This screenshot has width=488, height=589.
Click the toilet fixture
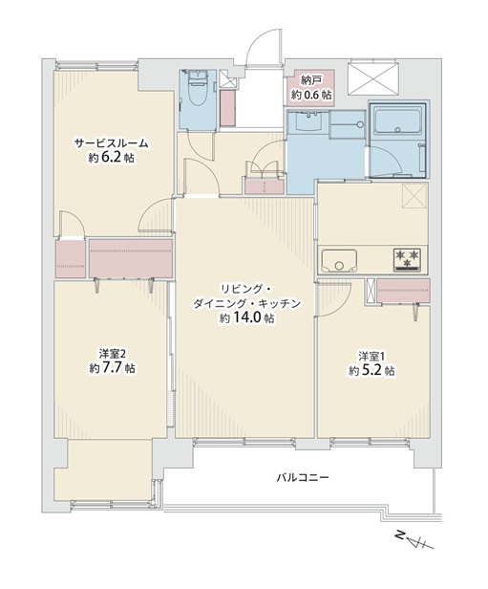click(198, 90)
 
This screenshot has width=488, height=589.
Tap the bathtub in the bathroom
click(397, 120)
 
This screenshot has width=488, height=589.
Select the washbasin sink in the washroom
click(308, 121)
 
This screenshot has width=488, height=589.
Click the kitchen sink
click(339, 261)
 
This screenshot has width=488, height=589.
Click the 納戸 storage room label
click(311, 80)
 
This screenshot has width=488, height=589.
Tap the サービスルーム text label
click(112, 143)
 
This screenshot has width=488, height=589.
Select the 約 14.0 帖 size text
click(246, 318)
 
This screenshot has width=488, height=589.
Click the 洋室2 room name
click(112, 354)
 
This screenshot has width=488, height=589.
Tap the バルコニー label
click(303, 478)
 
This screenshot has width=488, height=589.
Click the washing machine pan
click(348, 124)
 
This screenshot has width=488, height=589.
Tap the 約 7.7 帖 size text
click(112, 368)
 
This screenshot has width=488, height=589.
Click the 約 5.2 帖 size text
click(371, 370)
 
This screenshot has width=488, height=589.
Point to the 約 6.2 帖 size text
click(112, 158)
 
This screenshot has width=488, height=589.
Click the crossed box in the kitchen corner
click(414, 195)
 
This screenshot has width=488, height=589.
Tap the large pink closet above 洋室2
click(131, 258)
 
